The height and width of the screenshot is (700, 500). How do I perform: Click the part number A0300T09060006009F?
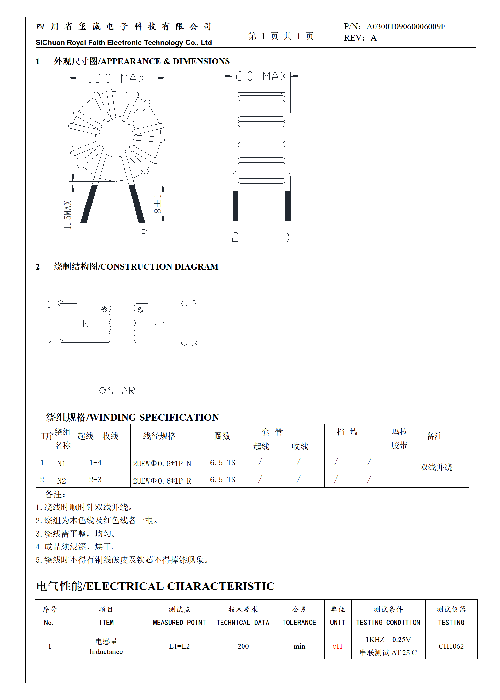pos(405,27)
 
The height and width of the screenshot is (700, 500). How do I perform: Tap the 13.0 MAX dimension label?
pos(116,78)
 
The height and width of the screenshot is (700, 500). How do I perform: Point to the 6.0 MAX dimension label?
pos(261,76)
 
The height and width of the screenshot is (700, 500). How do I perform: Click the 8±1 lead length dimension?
pos(158,204)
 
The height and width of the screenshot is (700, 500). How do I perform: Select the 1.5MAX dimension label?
pos(68,215)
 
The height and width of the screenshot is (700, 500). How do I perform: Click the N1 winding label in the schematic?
pos(88,324)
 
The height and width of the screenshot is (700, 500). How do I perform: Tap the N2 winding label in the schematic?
pos(158,324)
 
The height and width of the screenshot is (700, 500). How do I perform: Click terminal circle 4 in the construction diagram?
pos(61,342)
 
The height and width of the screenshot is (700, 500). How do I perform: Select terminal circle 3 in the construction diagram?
pos(184,343)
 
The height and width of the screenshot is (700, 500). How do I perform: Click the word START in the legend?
pos(125,391)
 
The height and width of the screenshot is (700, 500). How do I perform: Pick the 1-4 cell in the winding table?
pos(95,463)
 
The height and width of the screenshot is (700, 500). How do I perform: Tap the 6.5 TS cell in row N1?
pos(222,463)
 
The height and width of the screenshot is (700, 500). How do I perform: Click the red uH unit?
pos(337,646)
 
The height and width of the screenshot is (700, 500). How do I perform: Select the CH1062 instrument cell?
pos(451,646)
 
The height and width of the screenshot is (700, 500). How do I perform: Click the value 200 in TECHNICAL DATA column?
pos(243,646)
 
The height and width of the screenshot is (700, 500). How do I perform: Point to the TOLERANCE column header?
pos(299,622)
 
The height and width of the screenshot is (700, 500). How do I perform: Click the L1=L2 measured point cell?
pos(179,646)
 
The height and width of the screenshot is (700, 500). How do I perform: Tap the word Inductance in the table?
pos(106,652)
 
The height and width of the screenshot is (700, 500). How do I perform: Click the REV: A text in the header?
pos(360,38)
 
